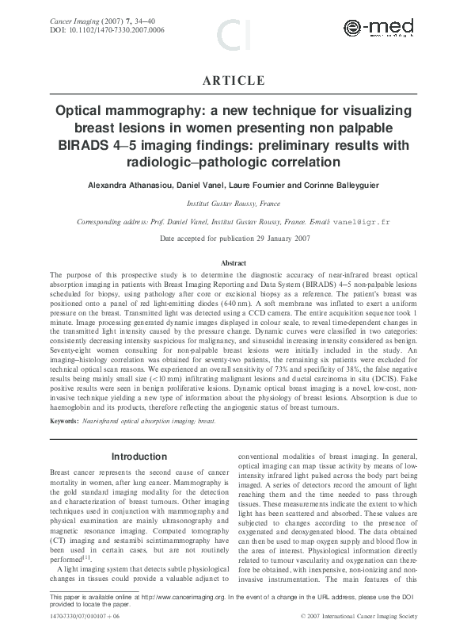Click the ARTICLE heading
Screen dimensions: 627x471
[x=235, y=81]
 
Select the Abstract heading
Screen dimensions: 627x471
[x=235, y=262]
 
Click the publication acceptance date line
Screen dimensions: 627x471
[x=235, y=238]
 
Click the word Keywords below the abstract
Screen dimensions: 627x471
[x=63, y=421]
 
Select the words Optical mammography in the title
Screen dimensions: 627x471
[x=127, y=112]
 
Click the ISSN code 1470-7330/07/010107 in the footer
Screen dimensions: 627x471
[x=82, y=615]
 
